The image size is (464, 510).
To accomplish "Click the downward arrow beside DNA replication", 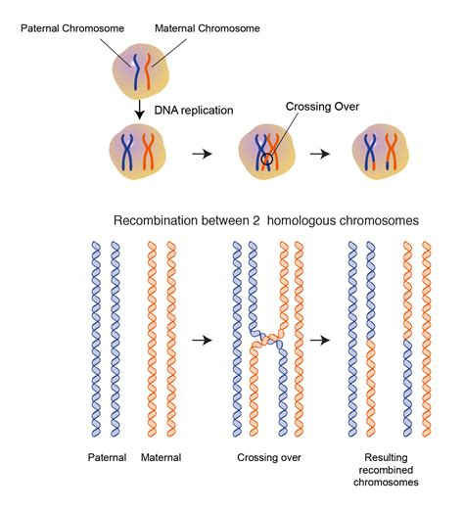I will [140, 110].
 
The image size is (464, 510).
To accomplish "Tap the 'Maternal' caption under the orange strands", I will [162, 457].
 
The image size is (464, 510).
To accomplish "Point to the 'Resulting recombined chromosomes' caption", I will [390, 470].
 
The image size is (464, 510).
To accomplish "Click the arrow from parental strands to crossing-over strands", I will [201, 340].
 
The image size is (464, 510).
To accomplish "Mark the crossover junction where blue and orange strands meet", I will [263, 340].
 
